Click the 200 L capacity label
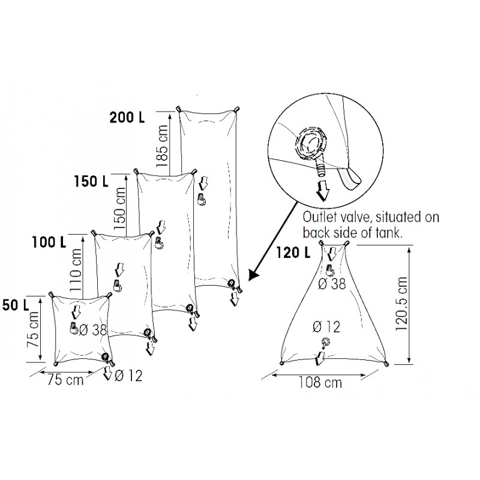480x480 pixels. click(127, 117)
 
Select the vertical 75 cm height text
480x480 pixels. click(35, 334)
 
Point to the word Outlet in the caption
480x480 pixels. click(320, 216)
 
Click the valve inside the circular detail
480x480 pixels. click(313, 146)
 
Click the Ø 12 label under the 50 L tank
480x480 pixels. click(128, 376)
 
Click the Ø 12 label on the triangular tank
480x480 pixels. click(326, 327)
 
